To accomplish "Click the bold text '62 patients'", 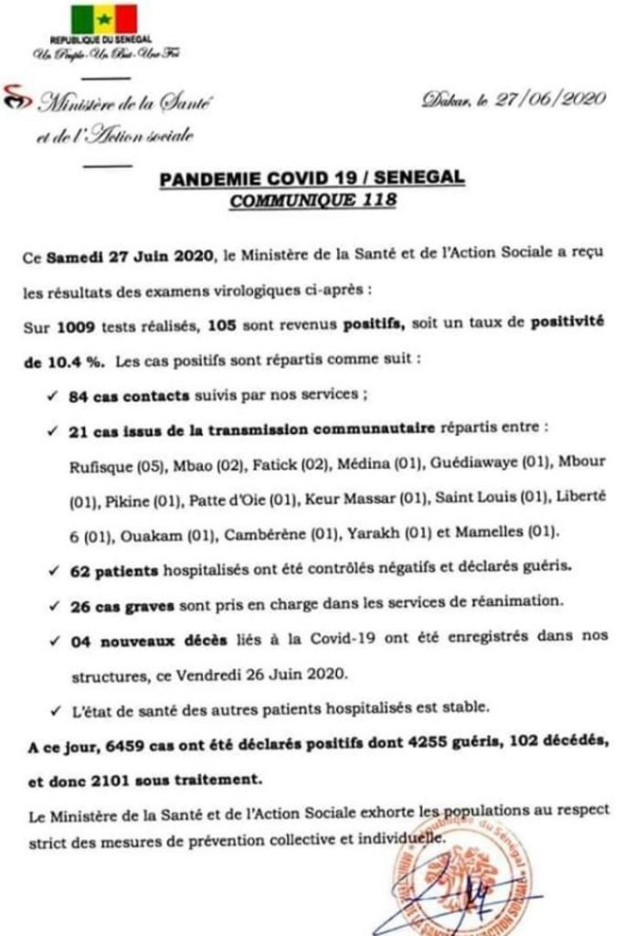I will (114, 569).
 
